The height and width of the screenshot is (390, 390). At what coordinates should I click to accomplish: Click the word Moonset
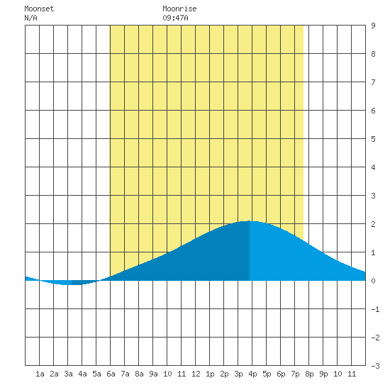coord(39,9)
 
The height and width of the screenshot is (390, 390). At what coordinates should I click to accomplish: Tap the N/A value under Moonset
coord(30,18)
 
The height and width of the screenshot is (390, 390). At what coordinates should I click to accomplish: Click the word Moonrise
coord(179,9)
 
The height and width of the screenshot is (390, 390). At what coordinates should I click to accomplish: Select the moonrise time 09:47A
coord(175,18)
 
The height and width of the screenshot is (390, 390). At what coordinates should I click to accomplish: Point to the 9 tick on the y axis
coord(373,26)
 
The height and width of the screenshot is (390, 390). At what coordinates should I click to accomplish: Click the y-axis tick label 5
coord(373,139)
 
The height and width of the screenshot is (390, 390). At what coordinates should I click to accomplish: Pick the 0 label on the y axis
coord(373,281)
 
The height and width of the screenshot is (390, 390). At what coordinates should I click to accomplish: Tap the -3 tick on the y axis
coord(375,366)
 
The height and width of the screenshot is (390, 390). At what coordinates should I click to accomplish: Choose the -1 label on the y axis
coord(375,309)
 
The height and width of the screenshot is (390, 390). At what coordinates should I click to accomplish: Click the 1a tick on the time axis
coord(40,374)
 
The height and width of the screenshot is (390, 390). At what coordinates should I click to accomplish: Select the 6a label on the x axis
coord(111,374)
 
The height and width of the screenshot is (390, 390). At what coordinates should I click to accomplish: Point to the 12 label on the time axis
coord(196,374)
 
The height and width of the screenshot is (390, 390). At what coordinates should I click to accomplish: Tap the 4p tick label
coord(252,374)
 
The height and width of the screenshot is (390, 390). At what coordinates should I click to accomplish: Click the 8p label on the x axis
coord(309,374)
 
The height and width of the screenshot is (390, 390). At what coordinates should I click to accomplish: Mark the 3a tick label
coord(68,374)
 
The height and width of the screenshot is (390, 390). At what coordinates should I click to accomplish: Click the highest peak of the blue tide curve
coord(250,221)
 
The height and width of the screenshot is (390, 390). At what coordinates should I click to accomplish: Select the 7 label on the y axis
coord(373,82)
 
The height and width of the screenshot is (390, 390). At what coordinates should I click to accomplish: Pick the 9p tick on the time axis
coord(323,374)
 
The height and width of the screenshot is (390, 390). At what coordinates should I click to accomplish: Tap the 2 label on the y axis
coord(373,224)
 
